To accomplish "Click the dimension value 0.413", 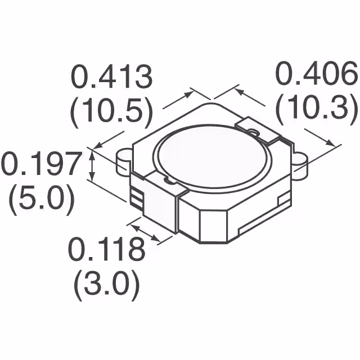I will click(111, 78).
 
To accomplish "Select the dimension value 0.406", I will click(317, 74).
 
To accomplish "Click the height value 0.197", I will click(38, 165).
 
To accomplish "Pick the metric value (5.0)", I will click(40, 200).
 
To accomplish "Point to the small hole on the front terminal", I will click(167, 181).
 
